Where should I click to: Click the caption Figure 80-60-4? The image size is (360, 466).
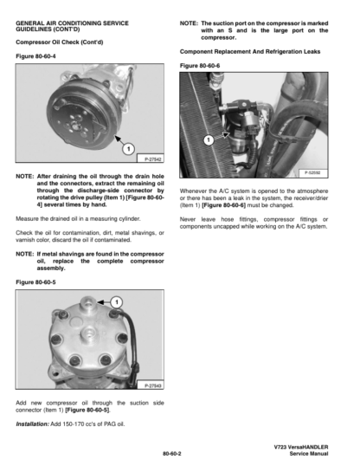(35, 56)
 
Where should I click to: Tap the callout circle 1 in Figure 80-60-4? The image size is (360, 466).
(128, 149)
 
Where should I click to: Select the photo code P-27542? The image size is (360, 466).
(152, 159)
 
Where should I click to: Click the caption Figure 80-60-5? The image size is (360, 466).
(35, 282)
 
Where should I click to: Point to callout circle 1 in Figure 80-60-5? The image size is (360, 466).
(117, 302)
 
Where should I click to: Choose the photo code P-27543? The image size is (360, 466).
(152, 385)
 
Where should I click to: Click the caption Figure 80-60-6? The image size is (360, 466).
(200, 66)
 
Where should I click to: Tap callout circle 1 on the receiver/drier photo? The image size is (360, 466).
(209, 139)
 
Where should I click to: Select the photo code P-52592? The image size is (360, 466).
(312, 172)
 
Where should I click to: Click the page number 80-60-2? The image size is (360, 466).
(172, 454)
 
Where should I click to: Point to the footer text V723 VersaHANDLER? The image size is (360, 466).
(301, 447)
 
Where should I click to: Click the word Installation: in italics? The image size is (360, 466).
(32, 424)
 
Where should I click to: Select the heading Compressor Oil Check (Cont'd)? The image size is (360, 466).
(60, 42)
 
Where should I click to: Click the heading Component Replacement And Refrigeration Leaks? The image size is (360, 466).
(250, 52)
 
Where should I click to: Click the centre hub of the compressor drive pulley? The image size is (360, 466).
(74, 124)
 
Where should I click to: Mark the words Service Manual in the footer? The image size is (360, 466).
(309, 454)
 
